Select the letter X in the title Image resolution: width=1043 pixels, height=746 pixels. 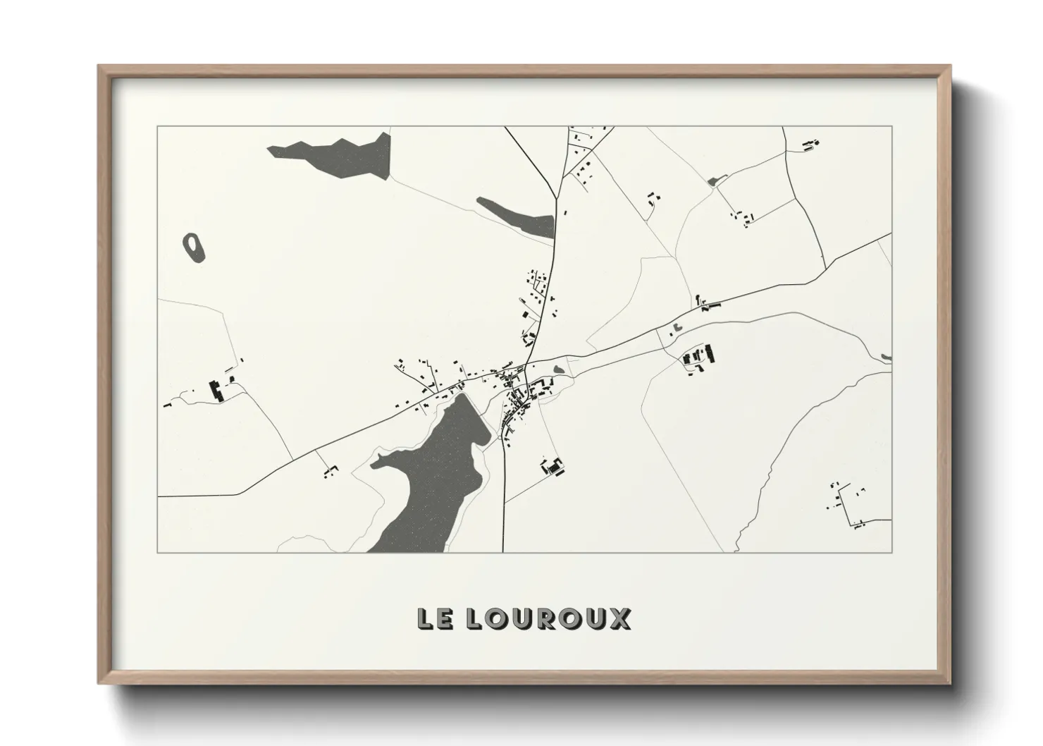tap(619, 618)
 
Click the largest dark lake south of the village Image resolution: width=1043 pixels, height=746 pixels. tap(437, 479)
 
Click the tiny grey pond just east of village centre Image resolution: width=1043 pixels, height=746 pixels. tap(560, 369)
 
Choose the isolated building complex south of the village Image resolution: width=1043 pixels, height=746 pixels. tap(554, 467)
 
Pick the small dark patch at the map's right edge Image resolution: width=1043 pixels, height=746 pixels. tap(887, 357)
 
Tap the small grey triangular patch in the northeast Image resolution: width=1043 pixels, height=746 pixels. tap(713, 181)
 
